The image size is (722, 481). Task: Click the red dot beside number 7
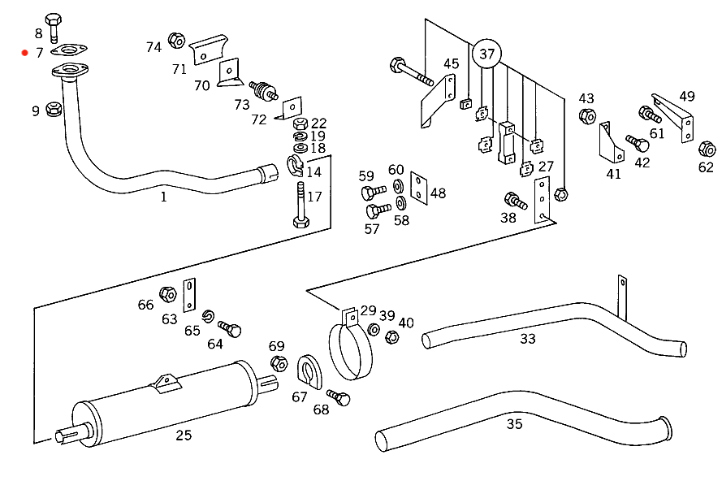click(x=25, y=53)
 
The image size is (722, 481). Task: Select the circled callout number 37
click(x=486, y=54)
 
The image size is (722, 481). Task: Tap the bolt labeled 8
click(x=54, y=27)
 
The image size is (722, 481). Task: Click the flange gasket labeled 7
click(x=69, y=50)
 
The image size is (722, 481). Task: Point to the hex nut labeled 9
click(x=54, y=109)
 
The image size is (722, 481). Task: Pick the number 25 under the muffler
click(x=184, y=435)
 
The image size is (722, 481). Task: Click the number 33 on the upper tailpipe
click(x=528, y=339)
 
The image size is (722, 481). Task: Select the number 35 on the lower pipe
click(x=514, y=424)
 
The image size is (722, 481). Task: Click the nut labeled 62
click(x=707, y=149)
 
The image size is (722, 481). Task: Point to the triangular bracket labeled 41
click(x=611, y=142)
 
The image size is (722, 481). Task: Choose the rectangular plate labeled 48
click(x=418, y=188)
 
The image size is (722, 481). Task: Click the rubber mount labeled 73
click(x=263, y=90)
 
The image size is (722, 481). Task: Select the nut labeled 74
click(x=176, y=40)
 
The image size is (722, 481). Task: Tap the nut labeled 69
click(x=279, y=363)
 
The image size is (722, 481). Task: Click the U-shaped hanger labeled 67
click(x=309, y=372)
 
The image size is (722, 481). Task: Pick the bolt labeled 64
click(x=229, y=328)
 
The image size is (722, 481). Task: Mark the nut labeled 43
click(x=587, y=115)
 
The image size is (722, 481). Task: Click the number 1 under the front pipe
click(x=163, y=197)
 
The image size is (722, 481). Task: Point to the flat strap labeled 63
click(x=189, y=295)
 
